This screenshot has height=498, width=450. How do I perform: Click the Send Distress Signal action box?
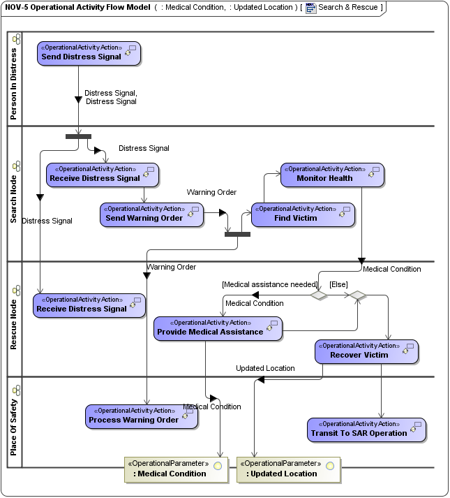click(x=89, y=53)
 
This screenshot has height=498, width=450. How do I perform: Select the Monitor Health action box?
click(x=332, y=175)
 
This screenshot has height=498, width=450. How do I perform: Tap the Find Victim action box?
click(x=303, y=214)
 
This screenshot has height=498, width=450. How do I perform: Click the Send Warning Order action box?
click(x=151, y=214)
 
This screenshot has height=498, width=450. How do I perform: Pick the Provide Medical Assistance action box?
click(x=218, y=328)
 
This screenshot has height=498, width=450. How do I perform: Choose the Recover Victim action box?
click(x=366, y=351)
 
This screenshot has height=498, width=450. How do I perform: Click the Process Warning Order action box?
click(x=142, y=416)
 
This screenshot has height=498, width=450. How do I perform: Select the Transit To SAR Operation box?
click(x=366, y=430)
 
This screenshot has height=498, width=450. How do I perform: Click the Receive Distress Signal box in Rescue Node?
click(x=89, y=305)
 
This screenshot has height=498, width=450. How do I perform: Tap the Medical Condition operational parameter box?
click(x=177, y=469)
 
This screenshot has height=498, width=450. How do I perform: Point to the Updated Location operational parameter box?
click(x=288, y=469)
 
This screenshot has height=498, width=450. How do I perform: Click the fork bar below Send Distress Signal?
click(x=78, y=136)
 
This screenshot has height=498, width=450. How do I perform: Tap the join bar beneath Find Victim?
click(x=237, y=234)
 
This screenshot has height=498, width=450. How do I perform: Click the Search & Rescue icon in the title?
click(x=310, y=8)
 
